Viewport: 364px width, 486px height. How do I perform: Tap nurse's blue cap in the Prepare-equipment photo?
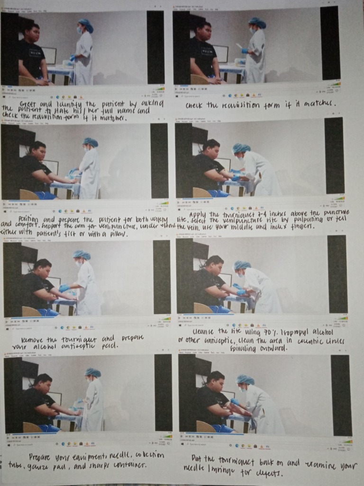93,373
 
